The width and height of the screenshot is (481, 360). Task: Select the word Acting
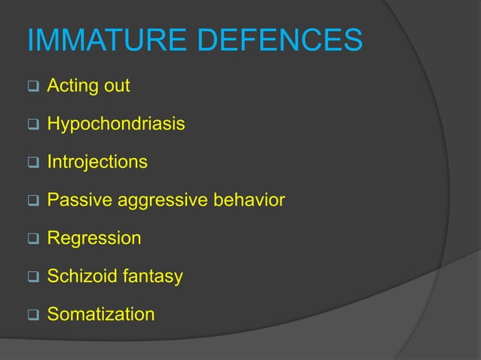tap(72, 86)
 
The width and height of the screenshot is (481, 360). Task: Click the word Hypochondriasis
tap(116, 124)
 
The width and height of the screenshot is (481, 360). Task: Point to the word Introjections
tap(97, 162)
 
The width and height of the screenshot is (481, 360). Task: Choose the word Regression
tap(94, 239)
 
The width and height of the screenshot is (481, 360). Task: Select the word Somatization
tap(101, 314)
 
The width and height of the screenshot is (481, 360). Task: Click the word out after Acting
tap(116, 86)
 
